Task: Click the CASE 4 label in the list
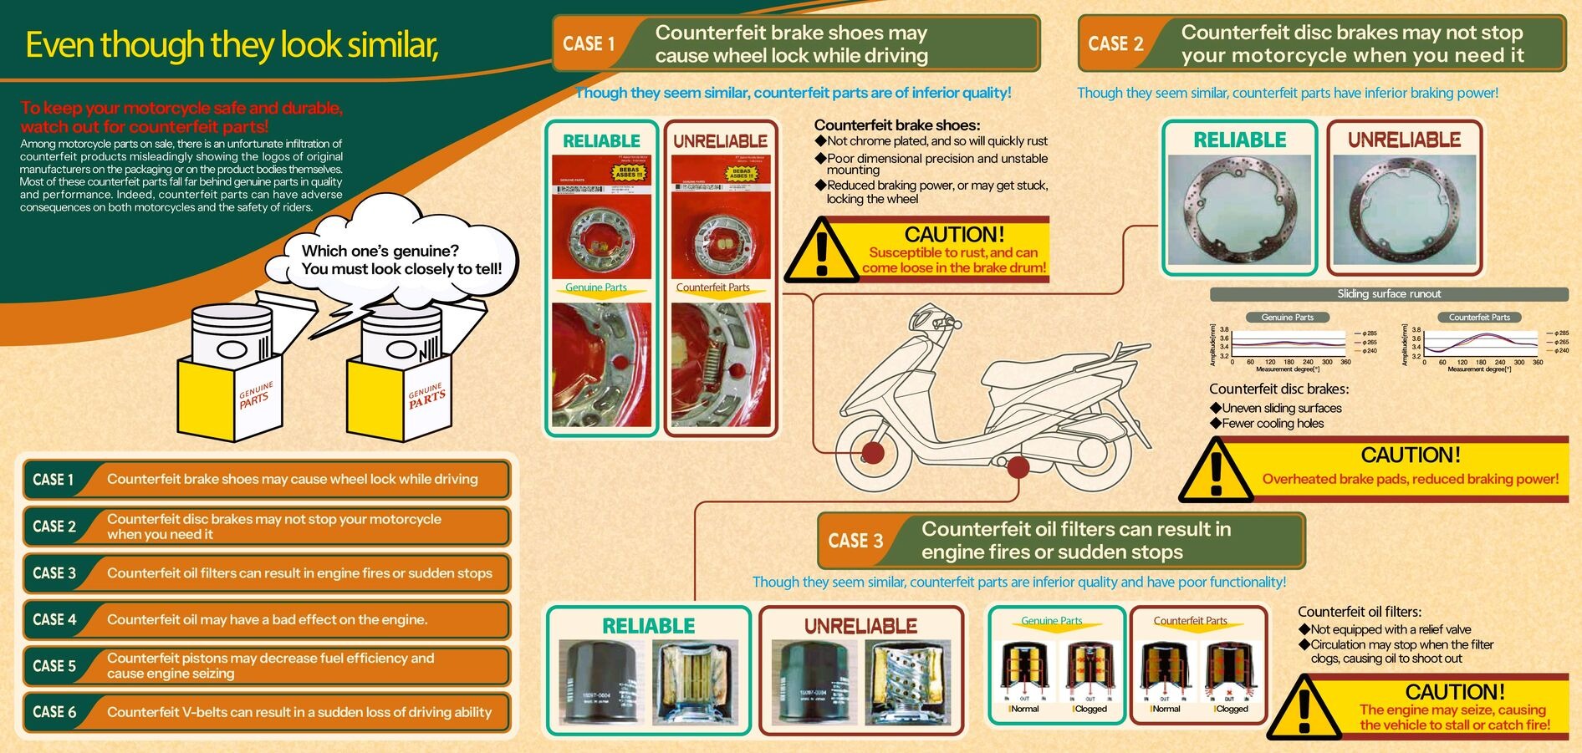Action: (x=54, y=619)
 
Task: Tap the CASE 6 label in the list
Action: (x=54, y=712)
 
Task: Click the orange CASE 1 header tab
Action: (x=589, y=43)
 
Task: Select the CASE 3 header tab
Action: (x=855, y=541)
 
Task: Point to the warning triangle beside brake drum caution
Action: (x=822, y=251)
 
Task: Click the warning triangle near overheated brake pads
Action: (x=1217, y=470)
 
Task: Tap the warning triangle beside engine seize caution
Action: (x=1305, y=709)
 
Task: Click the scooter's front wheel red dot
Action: (x=873, y=453)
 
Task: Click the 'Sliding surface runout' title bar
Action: (x=1389, y=294)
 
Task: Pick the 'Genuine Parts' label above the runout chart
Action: (x=1287, y=318)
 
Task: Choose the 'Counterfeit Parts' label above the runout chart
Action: (x=1479, y=318)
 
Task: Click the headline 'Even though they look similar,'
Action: (x=232, y=45)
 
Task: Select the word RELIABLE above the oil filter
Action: (x=649, y=626)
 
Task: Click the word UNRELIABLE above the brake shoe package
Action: (x=721, y=141)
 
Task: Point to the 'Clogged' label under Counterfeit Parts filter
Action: (x=1232, y=709)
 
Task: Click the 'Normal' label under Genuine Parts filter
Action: (x=1024, y=709)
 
